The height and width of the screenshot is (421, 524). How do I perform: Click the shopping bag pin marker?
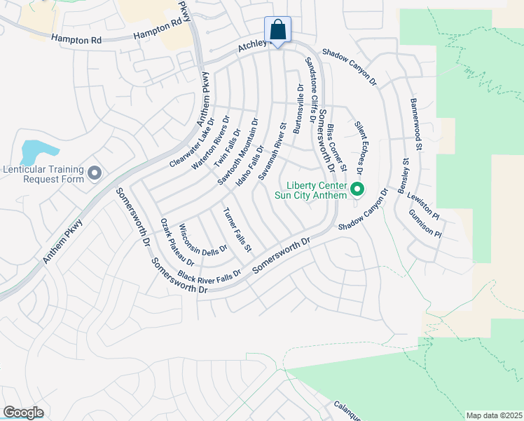277,31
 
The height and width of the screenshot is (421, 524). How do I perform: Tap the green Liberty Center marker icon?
357,189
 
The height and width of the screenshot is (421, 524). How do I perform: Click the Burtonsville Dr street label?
300,110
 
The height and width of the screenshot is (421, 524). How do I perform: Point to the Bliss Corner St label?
337,148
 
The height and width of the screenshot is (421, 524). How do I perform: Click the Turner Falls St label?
237,229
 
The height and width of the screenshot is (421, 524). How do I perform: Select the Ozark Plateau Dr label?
172,241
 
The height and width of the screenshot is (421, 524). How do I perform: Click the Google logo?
24,412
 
